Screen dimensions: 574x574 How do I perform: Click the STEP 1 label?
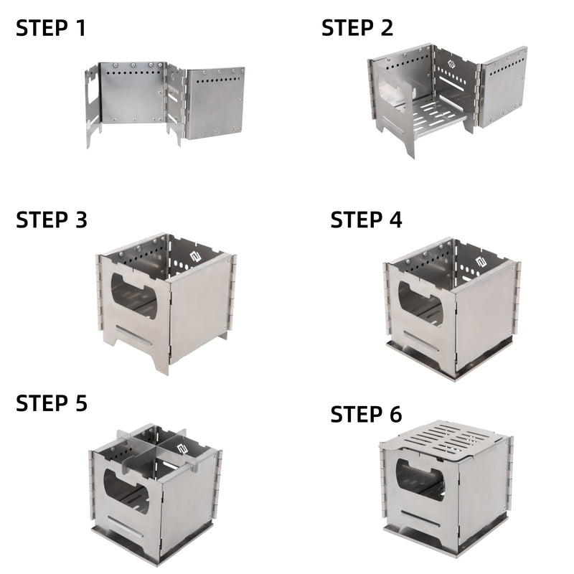(51, 29)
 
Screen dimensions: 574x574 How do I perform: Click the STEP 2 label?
(357, 29)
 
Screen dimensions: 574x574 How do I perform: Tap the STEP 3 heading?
(52, 220)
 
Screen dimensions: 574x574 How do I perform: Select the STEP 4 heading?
(366, 220)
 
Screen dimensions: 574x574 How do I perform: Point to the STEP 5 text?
(52, 403)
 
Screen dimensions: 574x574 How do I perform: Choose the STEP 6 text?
(366, 414)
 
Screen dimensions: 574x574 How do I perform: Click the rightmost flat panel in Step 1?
(215, 102)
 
